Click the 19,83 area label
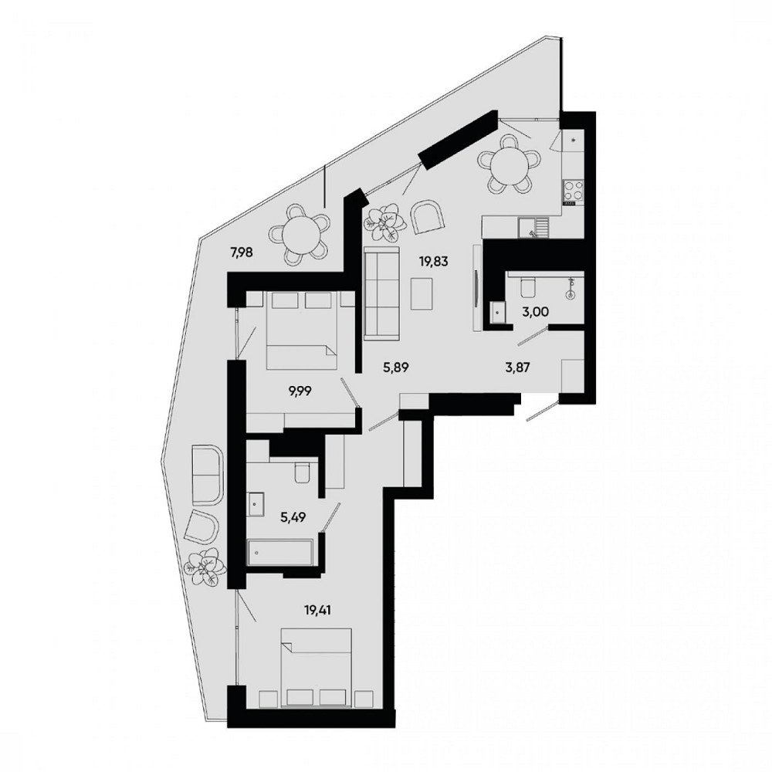click(x=434, y=262)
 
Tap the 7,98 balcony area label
click(x=242, y=253)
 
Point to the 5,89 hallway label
click(x=396, y=367)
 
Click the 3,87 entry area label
click(x=517, y=367)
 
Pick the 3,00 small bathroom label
click(x=536, y=312)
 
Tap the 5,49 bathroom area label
click(x=293, y=517)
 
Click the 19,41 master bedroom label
click(x=317, y=611)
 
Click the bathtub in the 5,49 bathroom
click(x=279, y=554)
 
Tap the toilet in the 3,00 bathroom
click(x=527, y=286)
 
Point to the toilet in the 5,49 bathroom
click(x=301, y=472)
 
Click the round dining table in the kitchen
click(x=510, y=165)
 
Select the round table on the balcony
click(x=300, y=235)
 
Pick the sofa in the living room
click(x=381, y=293)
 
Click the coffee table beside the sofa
click(x=422, y=294)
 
